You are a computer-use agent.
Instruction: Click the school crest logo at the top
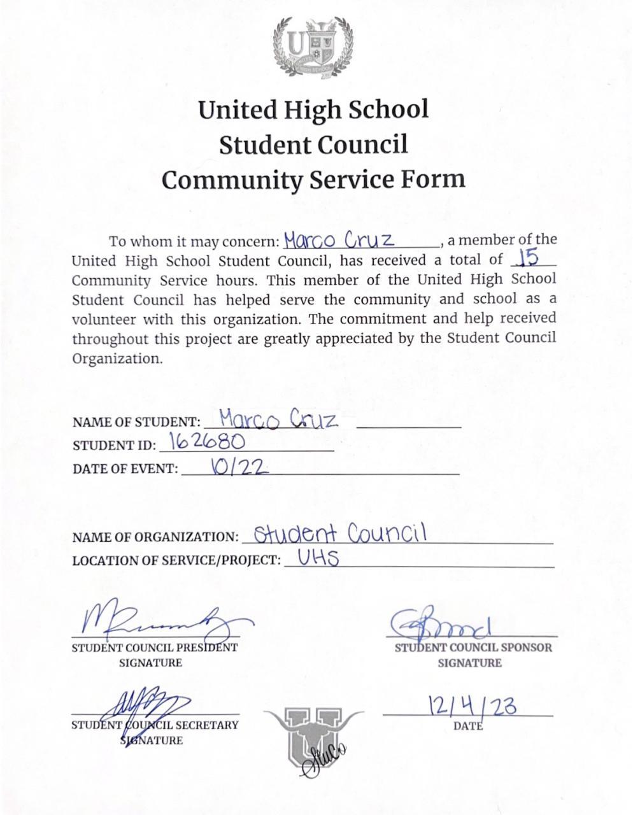[313, 48]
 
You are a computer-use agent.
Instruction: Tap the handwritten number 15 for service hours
[529, 257]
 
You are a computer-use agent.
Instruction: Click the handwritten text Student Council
[339, 533]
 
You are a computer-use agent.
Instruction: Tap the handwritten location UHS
[318, 558]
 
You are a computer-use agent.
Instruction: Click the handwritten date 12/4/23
[472, 706]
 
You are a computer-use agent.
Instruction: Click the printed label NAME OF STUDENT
[136, 422]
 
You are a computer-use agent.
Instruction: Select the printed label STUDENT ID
[114, 445]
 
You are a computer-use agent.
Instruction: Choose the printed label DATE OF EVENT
[125, 469]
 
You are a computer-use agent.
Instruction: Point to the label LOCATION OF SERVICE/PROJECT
[176, 561]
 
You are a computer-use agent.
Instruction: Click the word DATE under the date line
[468, 726]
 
